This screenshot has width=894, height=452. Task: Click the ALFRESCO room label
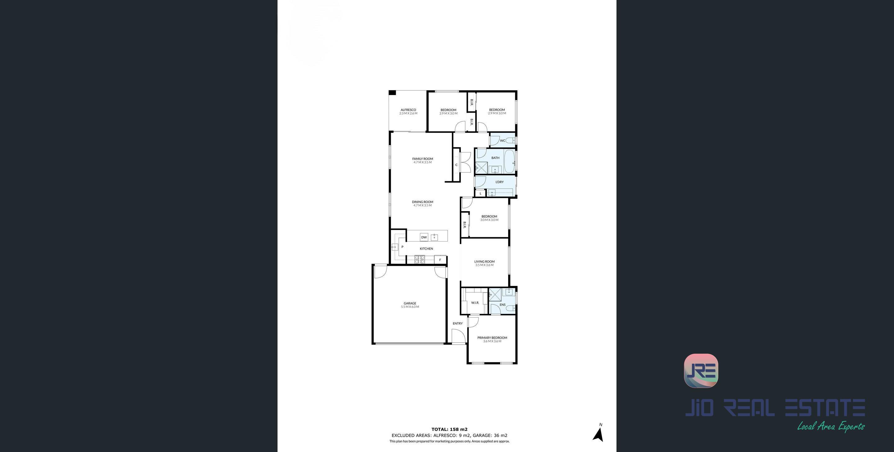coord(408,110)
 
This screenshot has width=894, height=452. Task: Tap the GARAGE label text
coord(410,303)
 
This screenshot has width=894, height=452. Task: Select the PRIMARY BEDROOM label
coord(492,337)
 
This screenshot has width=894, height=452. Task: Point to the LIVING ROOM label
coord(485,261)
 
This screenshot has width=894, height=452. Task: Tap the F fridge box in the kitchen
coord(440,260)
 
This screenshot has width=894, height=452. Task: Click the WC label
coord(503,141)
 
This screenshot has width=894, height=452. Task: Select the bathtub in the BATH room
coord(509,162)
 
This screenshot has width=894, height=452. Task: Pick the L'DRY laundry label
coord(499,182)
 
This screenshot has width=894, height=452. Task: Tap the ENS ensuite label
coord(503,305)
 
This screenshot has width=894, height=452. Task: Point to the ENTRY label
coord(458,323)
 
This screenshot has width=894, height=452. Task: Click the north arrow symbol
coord(598,435)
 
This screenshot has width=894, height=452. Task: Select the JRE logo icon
coord(701,370)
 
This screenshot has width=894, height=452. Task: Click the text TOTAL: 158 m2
coord(449,429)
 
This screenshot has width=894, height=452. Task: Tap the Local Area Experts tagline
coord(830,426)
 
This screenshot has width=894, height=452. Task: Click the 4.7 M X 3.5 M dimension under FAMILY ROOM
coord(423,162)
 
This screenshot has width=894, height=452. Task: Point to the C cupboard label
coord(456,165)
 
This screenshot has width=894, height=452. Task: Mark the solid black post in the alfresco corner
coord(392,92)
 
